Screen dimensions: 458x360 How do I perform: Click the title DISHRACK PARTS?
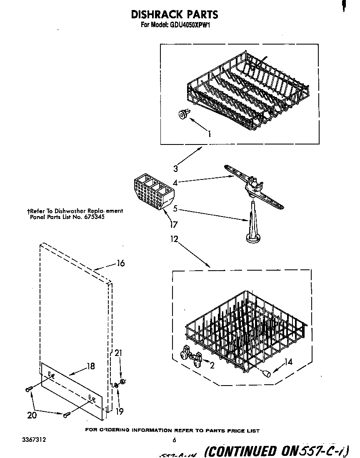pos(174,14)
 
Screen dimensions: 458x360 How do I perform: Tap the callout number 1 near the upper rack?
pos(209,134)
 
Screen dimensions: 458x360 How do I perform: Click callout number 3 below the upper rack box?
pos(176,169)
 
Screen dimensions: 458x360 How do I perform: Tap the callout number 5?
pos(175,208)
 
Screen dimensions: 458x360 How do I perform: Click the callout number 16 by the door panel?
pos(120,263)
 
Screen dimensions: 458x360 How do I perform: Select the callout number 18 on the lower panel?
pos(90,366)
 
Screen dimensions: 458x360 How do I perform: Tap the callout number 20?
pos(32,415)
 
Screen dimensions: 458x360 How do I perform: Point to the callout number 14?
pos(288,362)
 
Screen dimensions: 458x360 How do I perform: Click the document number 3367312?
pos(35,440)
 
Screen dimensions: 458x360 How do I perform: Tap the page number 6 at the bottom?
pos(174,440)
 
